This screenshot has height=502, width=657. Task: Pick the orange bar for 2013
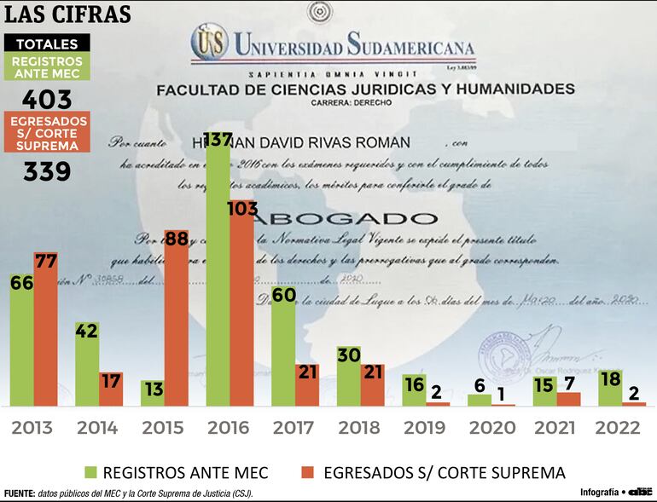click(45, 328)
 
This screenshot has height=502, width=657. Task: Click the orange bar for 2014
click(111, 389)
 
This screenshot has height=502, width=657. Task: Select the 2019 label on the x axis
click(424, 428)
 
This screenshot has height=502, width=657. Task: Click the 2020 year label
click(490, 428)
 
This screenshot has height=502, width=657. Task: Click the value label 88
click(176, 239)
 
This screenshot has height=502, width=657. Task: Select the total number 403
click(47, 100)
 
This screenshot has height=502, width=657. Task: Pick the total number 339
click(47, 171)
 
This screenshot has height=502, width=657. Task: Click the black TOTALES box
click(47, 44)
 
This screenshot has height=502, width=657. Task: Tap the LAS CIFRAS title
click(68, 14)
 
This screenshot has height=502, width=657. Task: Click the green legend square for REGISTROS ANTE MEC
click(89, 472)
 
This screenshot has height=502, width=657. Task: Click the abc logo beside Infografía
click(640, 491)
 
